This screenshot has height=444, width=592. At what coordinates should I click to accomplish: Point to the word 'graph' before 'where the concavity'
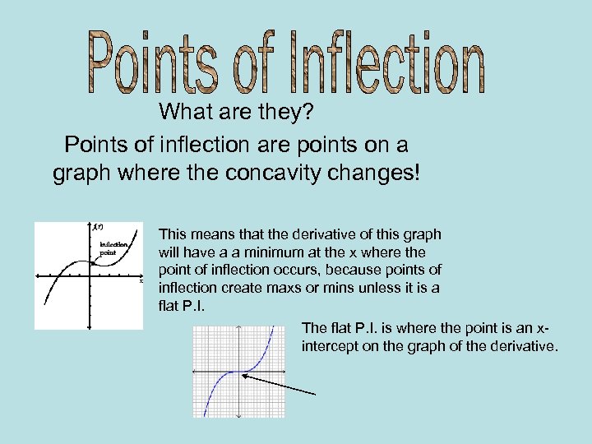click(81, 175)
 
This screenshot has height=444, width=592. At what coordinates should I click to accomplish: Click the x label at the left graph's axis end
click(141, 281)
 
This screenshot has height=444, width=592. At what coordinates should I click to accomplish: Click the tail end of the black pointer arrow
click(315, 394)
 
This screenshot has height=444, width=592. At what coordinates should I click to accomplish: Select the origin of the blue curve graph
click(238, 372)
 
